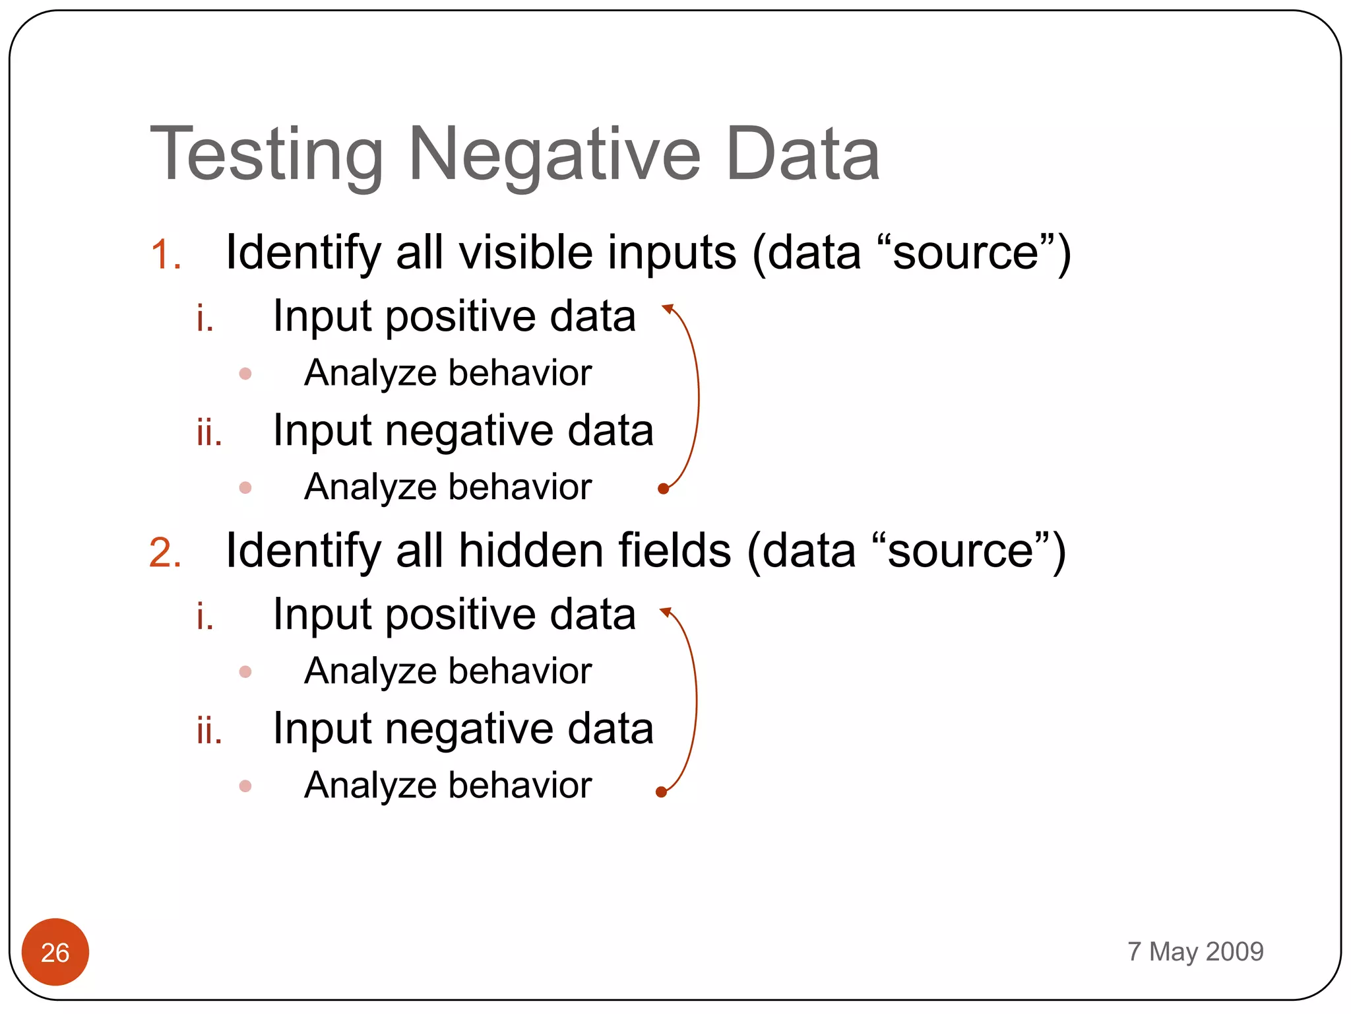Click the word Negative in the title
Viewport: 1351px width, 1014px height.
tap(554, 155)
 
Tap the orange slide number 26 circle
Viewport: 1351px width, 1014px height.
tap(55, 952)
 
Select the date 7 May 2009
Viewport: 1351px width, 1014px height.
tap(1195, 951)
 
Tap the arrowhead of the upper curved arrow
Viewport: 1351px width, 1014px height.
tap(668, 308)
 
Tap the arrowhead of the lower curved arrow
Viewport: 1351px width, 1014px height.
tap(666, 612)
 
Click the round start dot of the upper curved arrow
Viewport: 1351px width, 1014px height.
tap(664, 489)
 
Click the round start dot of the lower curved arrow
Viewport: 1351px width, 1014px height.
tap(661, 792)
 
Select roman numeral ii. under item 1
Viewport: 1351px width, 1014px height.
tap(209, 433)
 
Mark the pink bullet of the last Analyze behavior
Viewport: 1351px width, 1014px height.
tap(245, 786)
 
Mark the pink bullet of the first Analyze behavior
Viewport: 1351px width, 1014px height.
tap(245, 374)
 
